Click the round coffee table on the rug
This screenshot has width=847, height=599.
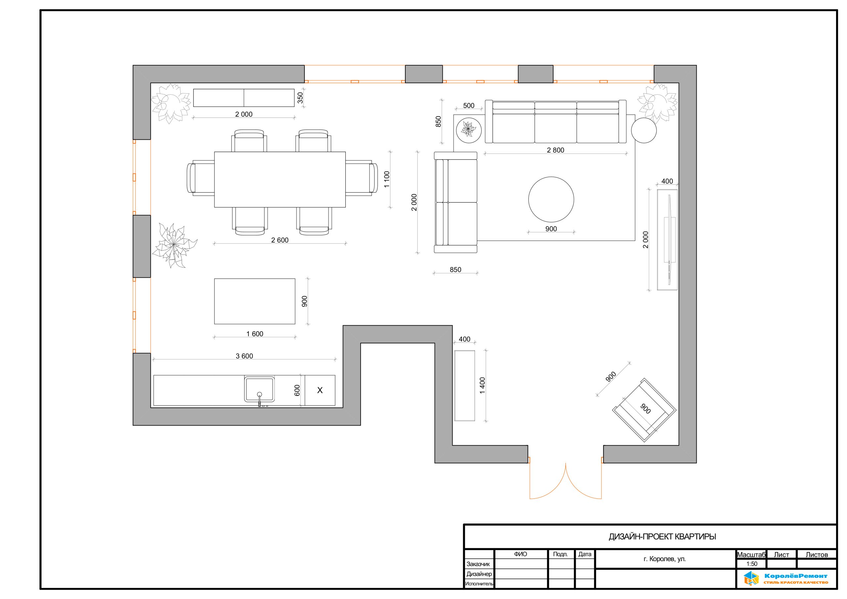click(x=551, y=199)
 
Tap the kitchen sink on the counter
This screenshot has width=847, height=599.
click(x=259, y=390)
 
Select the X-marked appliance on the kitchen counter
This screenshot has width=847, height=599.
click(x=320, y=390)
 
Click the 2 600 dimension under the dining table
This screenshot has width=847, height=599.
click(x=280, y=240)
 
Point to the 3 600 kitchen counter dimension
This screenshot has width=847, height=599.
click(x=244, y=356)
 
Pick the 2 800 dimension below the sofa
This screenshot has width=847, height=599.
click(x=556, y=150)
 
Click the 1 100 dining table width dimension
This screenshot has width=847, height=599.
click(x=387, y=179)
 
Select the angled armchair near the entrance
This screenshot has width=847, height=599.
click(x=645, y=410)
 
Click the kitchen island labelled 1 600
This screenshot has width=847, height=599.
click(x=254, y=301)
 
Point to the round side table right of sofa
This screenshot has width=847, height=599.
click(x=644, y=130)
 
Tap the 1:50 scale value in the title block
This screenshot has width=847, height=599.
click(x=752, y=564)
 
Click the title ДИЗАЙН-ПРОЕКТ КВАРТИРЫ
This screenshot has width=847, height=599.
click(x=662, y=537)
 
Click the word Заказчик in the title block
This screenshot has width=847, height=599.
click(x=478, y=564)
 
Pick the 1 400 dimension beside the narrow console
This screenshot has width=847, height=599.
click(x=482, y=386)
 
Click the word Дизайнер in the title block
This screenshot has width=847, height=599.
click(x=479, y=574)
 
